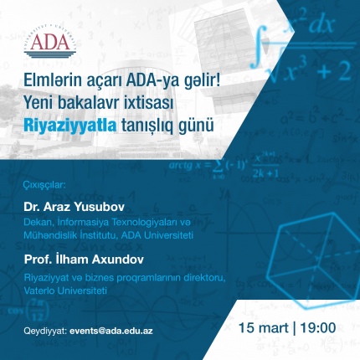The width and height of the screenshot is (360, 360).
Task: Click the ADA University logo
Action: point(50,41)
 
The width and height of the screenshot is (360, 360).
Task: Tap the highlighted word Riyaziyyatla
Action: point(70,126)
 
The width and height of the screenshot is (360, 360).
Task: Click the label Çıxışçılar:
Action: point(44,186)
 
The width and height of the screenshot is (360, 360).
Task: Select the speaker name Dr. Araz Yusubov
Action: point(74,207)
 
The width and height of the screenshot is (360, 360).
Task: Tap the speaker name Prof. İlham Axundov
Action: point(84,260)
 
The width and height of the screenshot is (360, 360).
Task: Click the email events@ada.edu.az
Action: point(111,331)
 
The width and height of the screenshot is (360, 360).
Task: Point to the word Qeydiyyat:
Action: point(45,331)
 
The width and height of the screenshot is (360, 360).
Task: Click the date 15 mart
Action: point(264,327)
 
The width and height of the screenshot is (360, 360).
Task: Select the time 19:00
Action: point(318,327)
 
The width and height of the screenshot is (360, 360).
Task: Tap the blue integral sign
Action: point(259,47)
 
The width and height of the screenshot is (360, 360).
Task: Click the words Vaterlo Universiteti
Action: point(65,291)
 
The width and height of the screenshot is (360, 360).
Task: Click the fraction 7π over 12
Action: point(37,310)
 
